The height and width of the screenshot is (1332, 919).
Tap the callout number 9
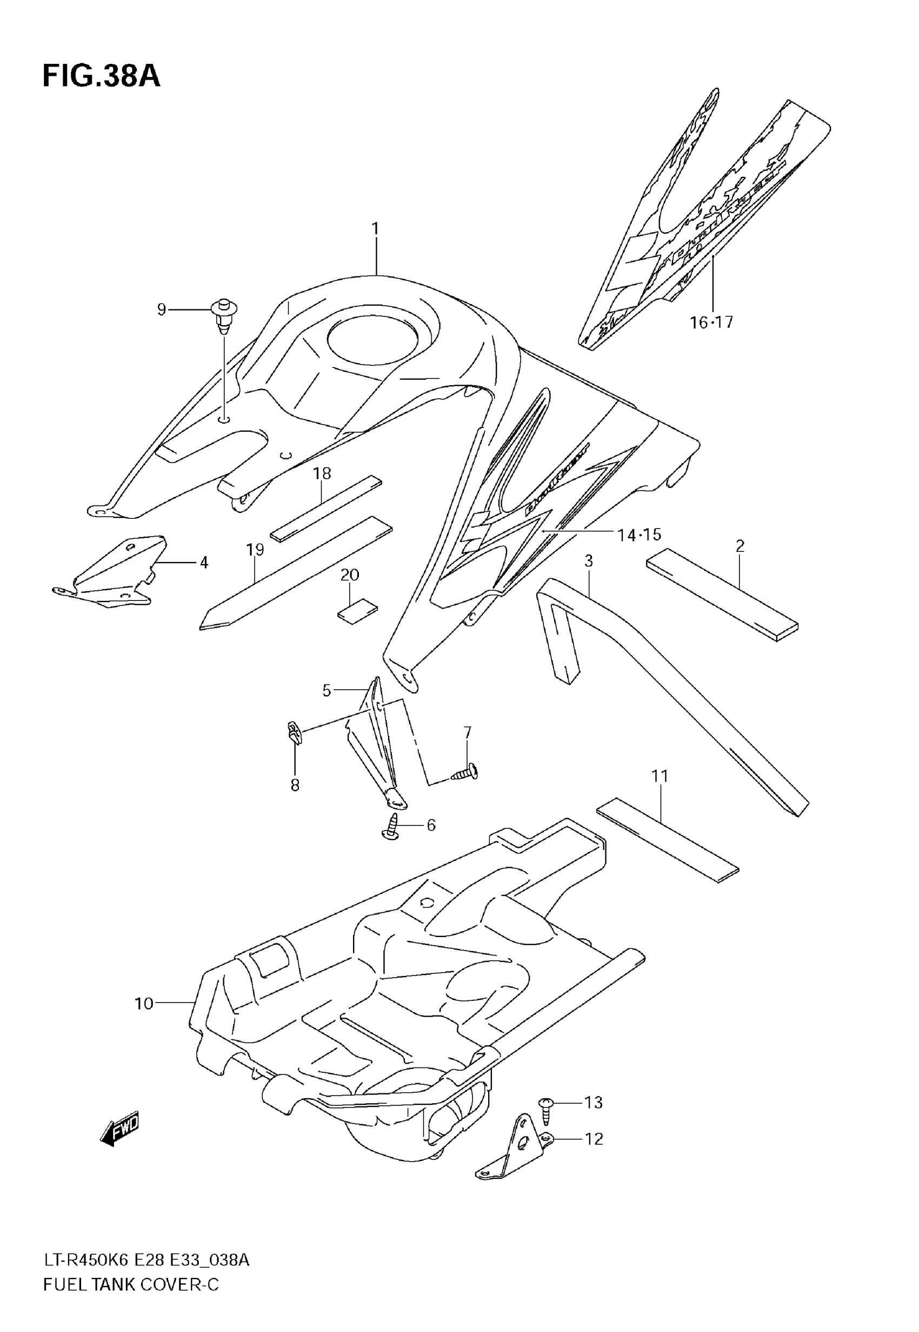[162, 310]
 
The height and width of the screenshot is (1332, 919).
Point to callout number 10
[144, 1004]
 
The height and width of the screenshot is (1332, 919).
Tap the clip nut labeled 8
[294, 734]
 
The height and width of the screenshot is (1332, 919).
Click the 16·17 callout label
[712, 322]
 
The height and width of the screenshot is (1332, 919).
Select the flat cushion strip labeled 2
[722, 595]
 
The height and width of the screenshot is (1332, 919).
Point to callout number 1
[375, 229]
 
